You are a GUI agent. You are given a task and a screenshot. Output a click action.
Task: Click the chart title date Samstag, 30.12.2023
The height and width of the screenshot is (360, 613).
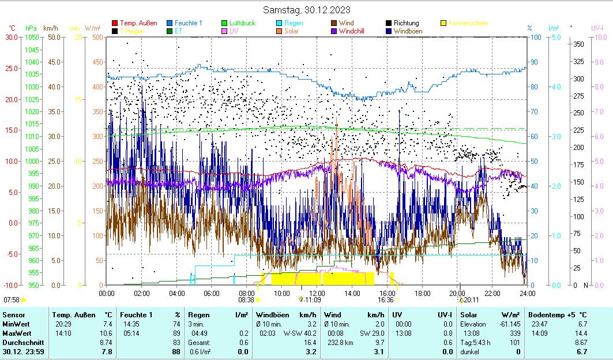(306, 10)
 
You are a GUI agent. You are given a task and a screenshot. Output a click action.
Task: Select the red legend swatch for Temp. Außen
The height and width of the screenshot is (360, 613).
(115, 24)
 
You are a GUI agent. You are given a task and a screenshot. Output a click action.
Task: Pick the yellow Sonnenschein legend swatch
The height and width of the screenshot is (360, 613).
(443, 24)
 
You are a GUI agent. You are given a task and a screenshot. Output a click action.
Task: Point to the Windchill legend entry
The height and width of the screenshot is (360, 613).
(356, 31)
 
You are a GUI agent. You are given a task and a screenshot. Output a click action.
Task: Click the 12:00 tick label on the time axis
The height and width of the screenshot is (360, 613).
(317, 293)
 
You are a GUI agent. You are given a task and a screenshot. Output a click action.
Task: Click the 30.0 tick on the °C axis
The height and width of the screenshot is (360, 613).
(12, 37)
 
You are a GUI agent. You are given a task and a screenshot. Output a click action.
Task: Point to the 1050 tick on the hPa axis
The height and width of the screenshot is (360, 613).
(32, 37)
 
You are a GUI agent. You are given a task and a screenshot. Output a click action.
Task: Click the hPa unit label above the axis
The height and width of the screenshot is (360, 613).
(31, 28)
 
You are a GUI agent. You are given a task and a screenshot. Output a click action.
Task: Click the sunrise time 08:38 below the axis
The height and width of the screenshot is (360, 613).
(246, 300)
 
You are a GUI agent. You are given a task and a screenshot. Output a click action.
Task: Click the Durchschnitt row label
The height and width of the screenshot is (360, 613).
(21, 342)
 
